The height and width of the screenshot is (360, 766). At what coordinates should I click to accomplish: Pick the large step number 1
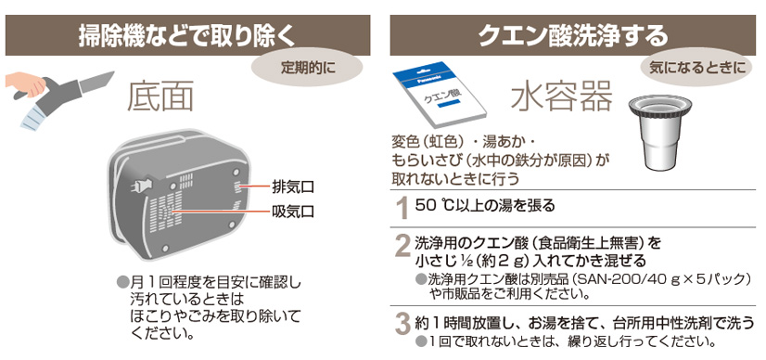[402, 209]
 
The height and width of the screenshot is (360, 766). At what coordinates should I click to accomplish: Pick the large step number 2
[402, 247]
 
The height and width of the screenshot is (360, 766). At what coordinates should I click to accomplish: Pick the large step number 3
[402, 325]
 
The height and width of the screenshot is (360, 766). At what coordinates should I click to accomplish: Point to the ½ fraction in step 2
[465, 261]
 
